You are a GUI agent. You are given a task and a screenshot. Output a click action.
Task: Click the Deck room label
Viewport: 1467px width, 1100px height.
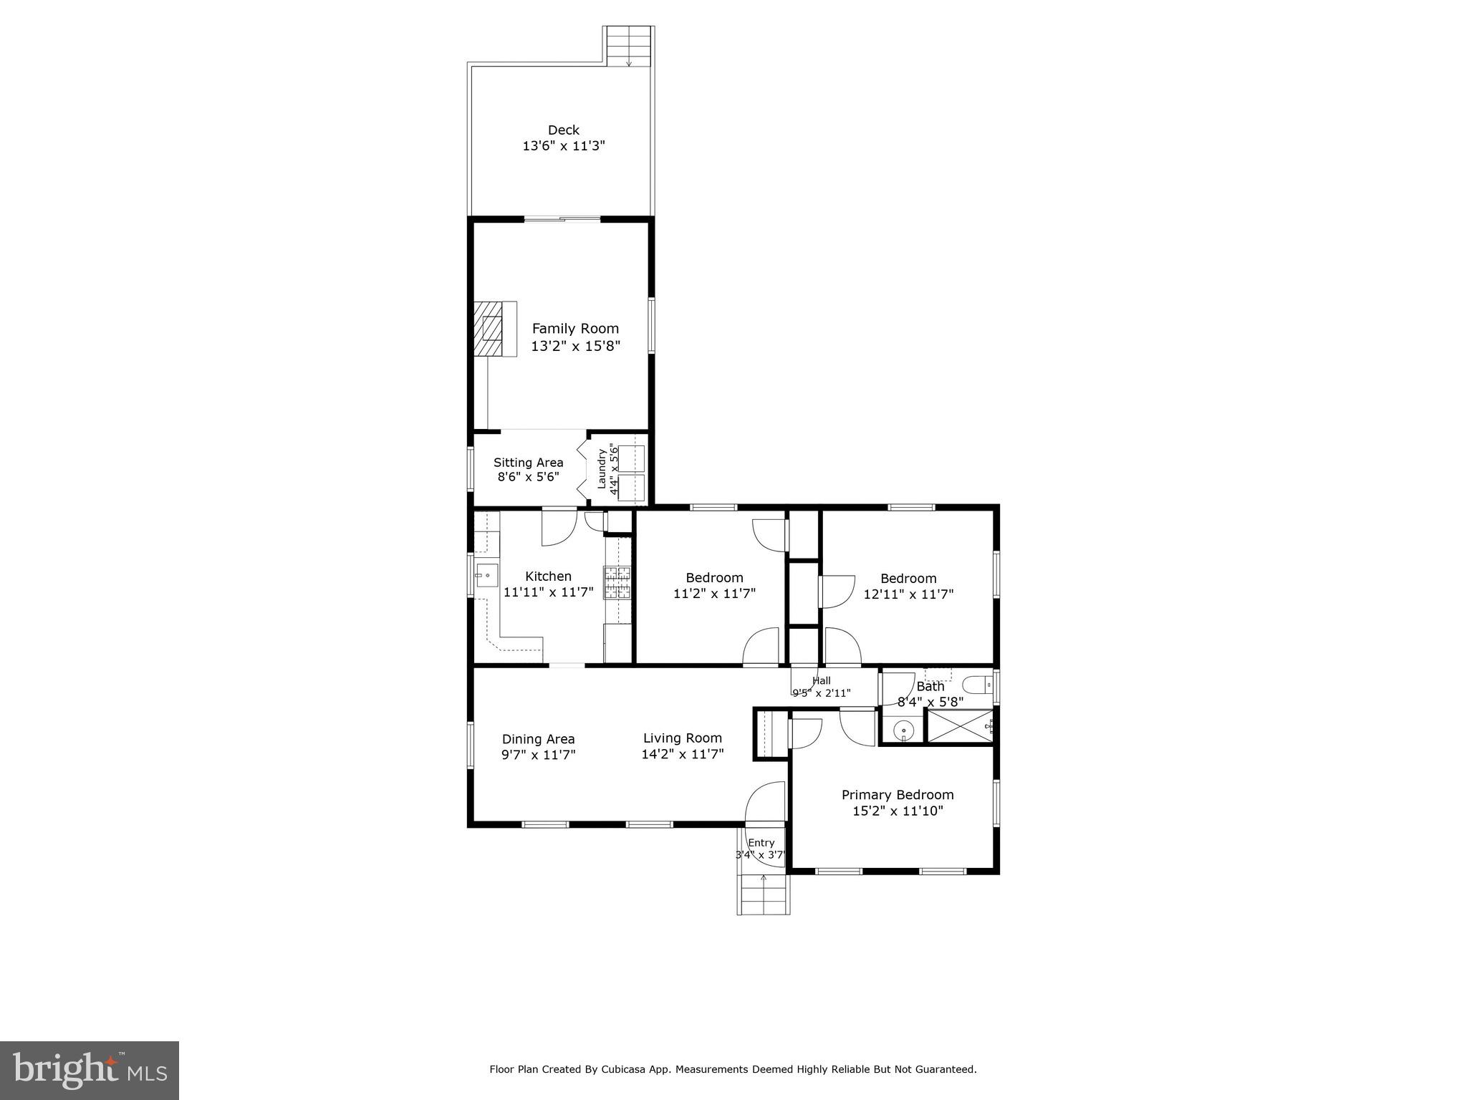pyautogui.click(x=563, y=130)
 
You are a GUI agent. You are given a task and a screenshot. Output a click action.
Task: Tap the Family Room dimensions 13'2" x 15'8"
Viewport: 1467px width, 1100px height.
pyautogui.click(x=575, y=347)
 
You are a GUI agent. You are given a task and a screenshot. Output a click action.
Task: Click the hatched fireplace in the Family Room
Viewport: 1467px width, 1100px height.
pyautogui.click(x=491, y=329)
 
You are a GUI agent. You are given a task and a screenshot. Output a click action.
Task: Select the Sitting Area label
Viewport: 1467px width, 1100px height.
pyautogui.click(x=528, y=463)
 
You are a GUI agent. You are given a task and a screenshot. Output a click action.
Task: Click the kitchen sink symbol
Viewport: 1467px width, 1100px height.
pyautogui.click(x=486, y=574)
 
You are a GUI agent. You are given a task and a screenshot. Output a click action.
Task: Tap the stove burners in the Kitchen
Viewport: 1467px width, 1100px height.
pyautogui.click(x=617, y=582)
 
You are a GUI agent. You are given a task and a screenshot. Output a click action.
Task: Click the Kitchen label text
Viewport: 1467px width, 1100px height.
pyautogui.click(x=548, y=576)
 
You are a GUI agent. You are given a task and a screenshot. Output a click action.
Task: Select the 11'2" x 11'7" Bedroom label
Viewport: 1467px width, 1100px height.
pyautogui.click(x=714, y=578)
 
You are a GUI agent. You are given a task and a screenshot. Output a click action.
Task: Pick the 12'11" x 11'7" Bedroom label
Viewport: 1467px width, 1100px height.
pyautogui.click(x=908, y=579)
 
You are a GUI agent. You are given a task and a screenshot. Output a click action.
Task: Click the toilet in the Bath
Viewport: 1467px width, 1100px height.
pyautogui.click(x=978, y=685)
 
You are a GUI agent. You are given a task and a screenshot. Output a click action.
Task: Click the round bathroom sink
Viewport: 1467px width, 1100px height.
pyautogui.click(x=904, y=731)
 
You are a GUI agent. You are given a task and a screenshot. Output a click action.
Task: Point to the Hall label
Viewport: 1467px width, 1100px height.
pyautogui.click(x=822, y=680)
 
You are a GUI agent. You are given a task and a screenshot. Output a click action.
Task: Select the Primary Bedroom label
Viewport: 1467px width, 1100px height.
pyautogui.click(x=898, y=795)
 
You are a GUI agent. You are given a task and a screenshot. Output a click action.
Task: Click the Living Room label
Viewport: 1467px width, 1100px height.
pyautogui.click(x=682, y=738)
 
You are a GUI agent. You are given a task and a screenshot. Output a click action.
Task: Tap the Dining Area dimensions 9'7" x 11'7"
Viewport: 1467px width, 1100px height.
pyautogui.click(x=538, y=755)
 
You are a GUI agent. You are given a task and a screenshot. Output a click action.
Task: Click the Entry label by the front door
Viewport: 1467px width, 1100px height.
pyautogui.click(x=761, y=843)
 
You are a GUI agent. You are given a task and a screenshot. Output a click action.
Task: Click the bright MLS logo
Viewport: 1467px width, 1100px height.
pyautogui.click(x=90, y=1070)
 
